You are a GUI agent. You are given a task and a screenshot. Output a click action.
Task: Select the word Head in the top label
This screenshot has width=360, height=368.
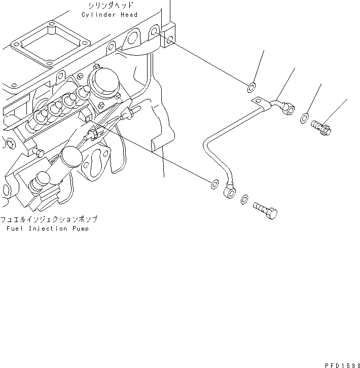(x=129, y=15)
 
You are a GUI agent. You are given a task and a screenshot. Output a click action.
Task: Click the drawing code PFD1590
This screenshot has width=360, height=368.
(x=340, y=364)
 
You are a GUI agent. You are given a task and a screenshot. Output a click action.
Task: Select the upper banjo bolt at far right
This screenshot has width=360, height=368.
(x=320, y=125)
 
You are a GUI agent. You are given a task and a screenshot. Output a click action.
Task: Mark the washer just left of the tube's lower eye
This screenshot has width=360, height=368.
(x=214, y=182)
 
